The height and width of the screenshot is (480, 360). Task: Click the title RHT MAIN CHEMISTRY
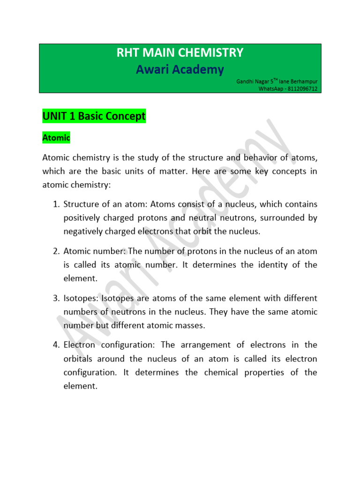(x=180, y=52)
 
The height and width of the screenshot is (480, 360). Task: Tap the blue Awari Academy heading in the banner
(x=180, y=69)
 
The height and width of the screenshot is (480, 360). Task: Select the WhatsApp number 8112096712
(x=302, y=89)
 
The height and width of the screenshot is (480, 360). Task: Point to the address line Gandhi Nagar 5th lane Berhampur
(x=277, y=82)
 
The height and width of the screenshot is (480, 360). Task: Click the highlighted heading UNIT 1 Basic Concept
(x=94, y=116)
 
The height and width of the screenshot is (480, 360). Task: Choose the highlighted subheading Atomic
(x=56, y=138)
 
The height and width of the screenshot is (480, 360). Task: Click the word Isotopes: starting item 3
(x=81, y=298)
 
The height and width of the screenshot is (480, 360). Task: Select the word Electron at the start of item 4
(x=79, y=345)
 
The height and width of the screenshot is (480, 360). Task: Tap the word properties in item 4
(x=264, y=373)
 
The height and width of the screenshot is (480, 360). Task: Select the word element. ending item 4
(x=80, y=386)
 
